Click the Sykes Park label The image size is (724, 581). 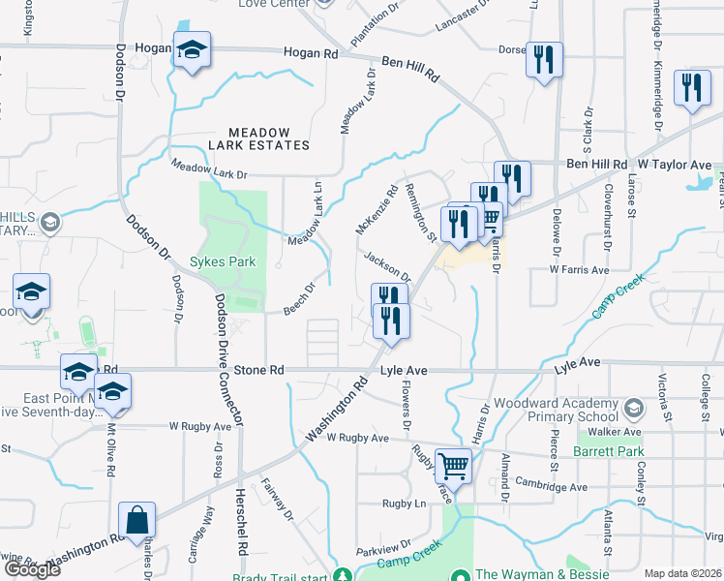(x=229, y=261)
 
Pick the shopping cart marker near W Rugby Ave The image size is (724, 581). (x=453, y=467)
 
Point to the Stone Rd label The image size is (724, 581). (x=263, y=371)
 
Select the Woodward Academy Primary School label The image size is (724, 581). (x=556, y=410)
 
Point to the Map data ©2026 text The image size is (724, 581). (x=683, y=573)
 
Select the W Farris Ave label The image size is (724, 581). (x=579, y=269)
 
